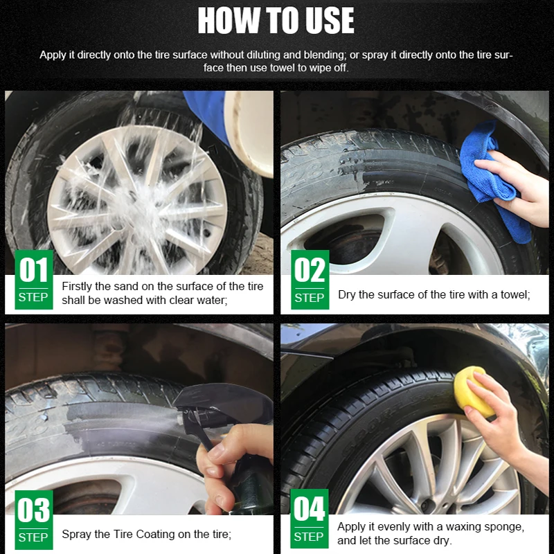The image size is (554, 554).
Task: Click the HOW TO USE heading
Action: [x=276, y=21]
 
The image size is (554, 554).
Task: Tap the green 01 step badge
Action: [x=34, y=280]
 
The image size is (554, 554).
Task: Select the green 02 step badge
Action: [x=310, y=280]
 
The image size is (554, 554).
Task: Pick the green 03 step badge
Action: [x=34, y=520]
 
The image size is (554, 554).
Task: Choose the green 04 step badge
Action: [x=309, y=519]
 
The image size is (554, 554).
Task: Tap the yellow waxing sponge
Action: [x=474, y=391]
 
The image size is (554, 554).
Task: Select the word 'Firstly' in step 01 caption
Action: [x=76, y=286]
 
